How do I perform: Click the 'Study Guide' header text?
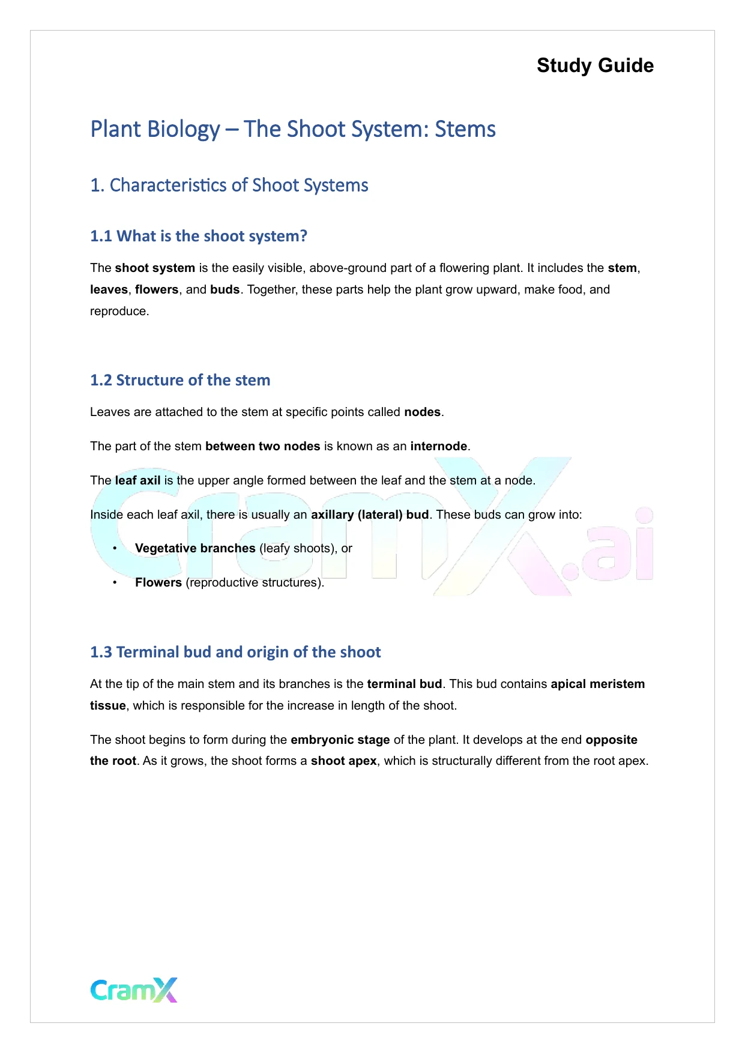595,65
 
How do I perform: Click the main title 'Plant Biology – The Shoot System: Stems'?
293,130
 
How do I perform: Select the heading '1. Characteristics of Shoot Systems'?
229,186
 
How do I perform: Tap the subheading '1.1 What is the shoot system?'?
198,237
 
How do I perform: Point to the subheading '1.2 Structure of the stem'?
180,381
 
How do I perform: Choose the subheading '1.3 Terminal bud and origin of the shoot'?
235,653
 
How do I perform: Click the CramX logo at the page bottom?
134,990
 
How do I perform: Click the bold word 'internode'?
438,447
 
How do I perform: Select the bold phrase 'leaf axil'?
137,481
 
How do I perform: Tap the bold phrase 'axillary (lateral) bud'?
370,515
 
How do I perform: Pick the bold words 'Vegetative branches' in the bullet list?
195,549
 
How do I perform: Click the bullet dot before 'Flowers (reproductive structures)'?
115,583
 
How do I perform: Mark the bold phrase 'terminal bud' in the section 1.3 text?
404,684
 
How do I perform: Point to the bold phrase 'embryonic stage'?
340,740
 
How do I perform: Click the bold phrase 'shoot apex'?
343,761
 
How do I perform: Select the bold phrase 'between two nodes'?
262,447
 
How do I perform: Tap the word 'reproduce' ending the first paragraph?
118,312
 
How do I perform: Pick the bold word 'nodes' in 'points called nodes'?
422,412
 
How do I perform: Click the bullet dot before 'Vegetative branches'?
115,549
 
